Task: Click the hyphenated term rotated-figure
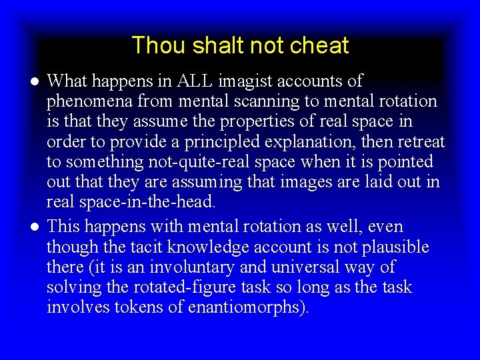[x=183, y=287]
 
